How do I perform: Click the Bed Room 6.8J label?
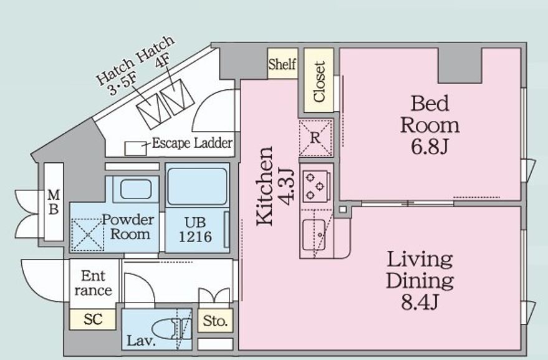click(430, 125)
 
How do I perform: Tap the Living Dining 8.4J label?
click(420, 281)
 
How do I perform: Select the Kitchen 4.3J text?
click(275, 186)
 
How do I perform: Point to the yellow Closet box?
click(319, 80)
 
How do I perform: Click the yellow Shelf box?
click(283, 64)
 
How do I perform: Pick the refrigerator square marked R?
click(315, 138)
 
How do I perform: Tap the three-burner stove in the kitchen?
click(315, 187)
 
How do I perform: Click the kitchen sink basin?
click(314, 235)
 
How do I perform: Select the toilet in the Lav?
click(171, 329)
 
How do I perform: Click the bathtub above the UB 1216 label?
click(197, 187)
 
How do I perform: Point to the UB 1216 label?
click(195, 230)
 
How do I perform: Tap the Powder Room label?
click(128, 226)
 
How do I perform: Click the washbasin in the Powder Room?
click(136, 189)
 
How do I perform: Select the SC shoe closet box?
click(93, 319)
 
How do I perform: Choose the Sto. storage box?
click(215, 321)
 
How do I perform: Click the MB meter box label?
click(54, 202)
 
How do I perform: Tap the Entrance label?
click(93, 283)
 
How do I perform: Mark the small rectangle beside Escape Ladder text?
click(136, 148)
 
